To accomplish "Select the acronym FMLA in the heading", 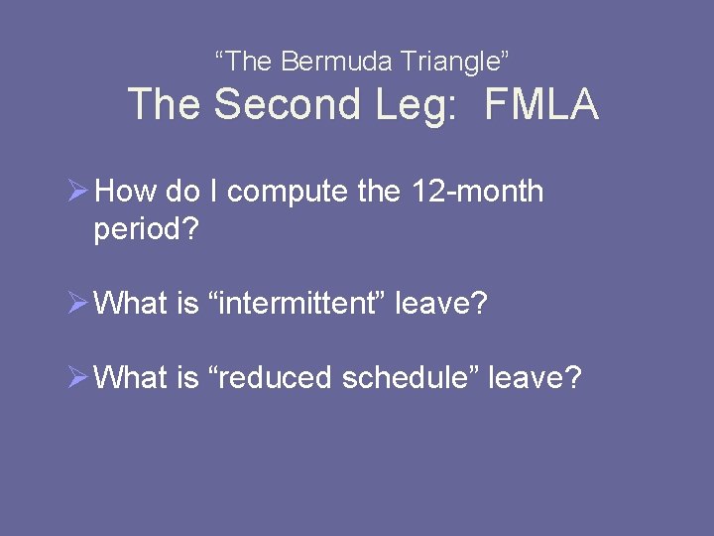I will click(541, 105).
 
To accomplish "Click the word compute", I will click(289, 192).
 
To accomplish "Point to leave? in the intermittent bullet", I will click(441, 303).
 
